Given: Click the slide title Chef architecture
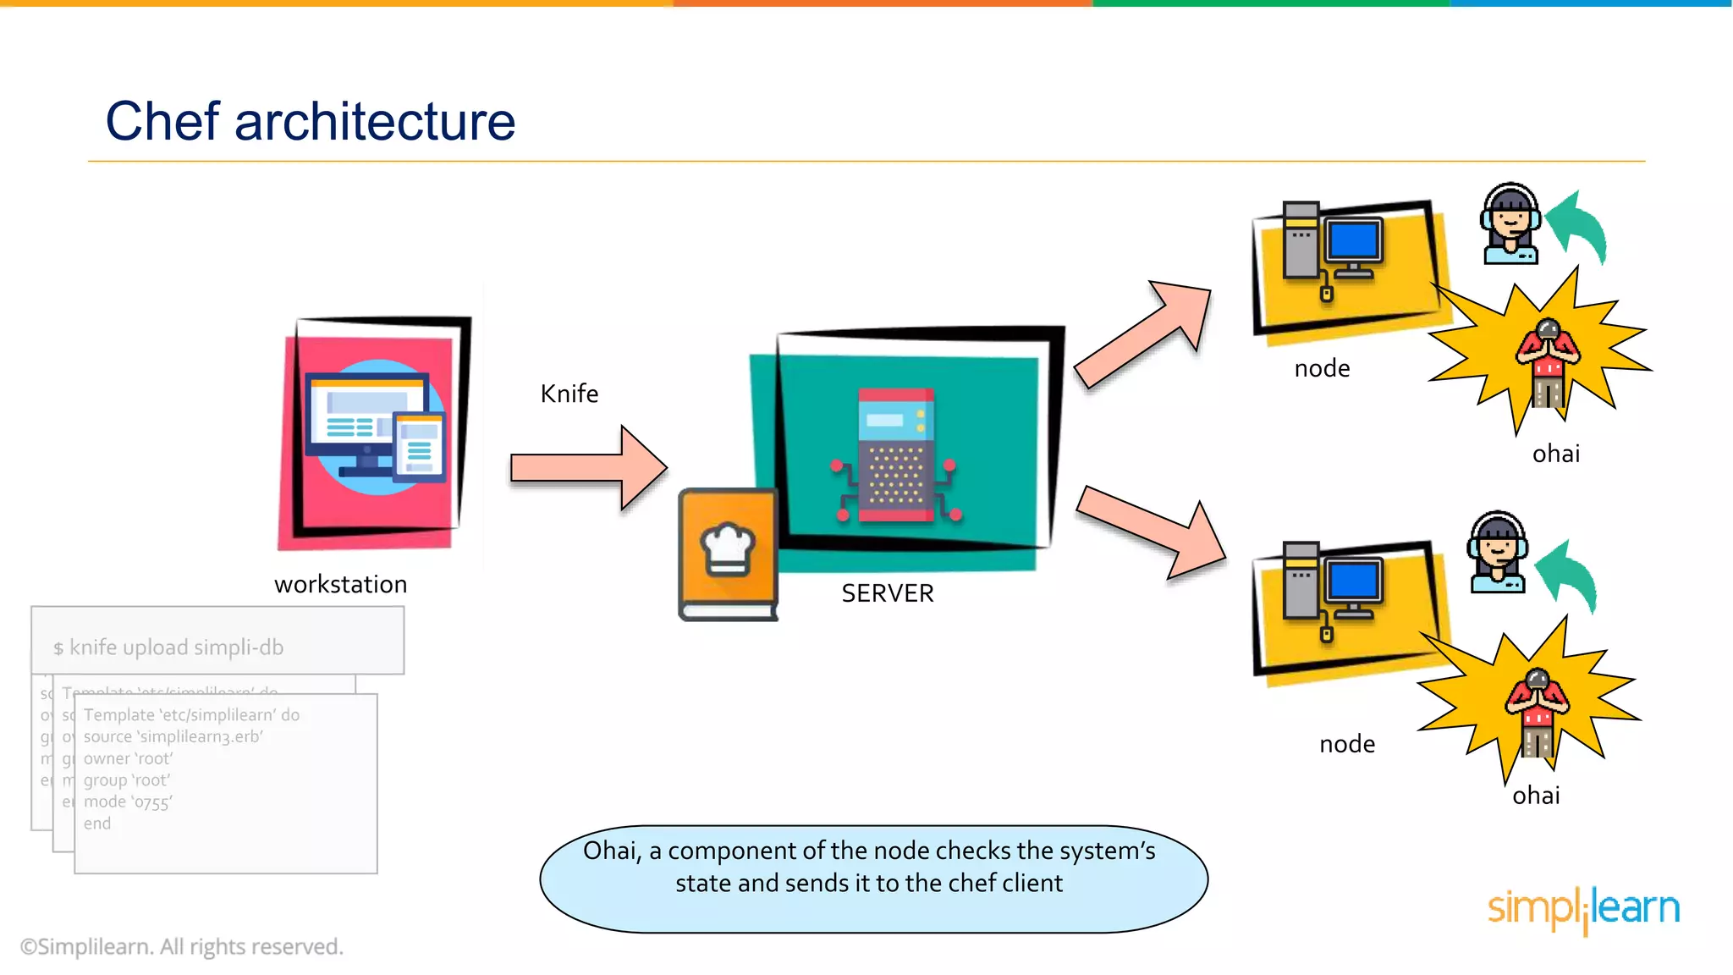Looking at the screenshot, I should point(310,121).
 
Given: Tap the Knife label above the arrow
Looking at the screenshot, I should point(569,394).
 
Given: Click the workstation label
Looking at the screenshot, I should point(340,584).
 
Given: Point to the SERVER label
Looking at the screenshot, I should point(887,593).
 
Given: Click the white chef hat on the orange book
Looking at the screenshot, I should point(728,548).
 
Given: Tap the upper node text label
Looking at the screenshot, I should point(1322,368).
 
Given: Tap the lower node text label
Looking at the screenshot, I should point(1346,744).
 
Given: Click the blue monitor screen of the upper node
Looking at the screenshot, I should point(1354,241).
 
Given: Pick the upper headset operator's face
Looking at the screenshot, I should point(1510,222).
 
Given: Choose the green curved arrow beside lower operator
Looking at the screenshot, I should point(1569,576).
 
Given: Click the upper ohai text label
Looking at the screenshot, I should point(1555,454).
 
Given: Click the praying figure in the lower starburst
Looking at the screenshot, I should point(1537,711).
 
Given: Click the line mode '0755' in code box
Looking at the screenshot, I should point(128,801).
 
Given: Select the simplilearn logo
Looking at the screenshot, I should point(1583,908).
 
